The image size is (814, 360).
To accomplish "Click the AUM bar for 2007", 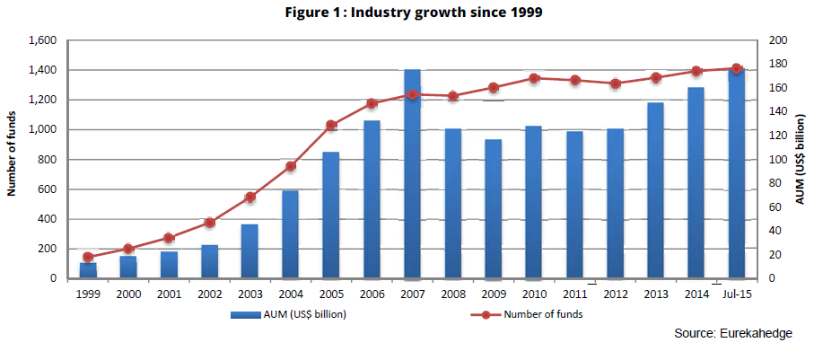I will coord(413,174).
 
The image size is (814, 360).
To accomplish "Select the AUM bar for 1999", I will coord(88,270).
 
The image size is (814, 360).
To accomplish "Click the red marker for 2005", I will coord(331,125).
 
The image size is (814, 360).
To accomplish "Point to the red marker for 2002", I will coord(209,223).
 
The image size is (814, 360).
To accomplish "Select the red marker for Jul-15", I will coord(737,68).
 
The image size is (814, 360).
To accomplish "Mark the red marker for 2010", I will coord(534,78).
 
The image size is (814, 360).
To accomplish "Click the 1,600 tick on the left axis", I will coord(42,40).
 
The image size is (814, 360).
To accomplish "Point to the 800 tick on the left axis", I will coord(47,160).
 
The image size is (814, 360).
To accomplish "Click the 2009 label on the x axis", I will coord(494,294).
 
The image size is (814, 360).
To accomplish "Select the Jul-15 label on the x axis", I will coord(737,294).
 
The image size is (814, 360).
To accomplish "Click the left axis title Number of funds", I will coord(13,159).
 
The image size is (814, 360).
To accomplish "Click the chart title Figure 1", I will coord(407,13).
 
